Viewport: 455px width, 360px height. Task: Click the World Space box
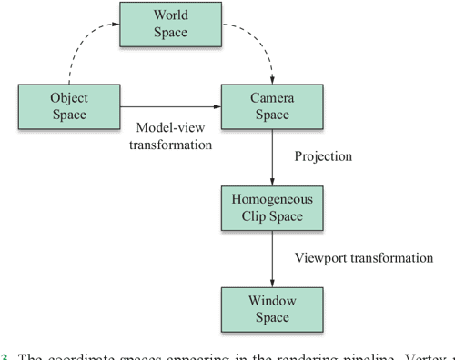click(171, 25)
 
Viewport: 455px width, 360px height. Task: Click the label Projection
click(323, 155)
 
